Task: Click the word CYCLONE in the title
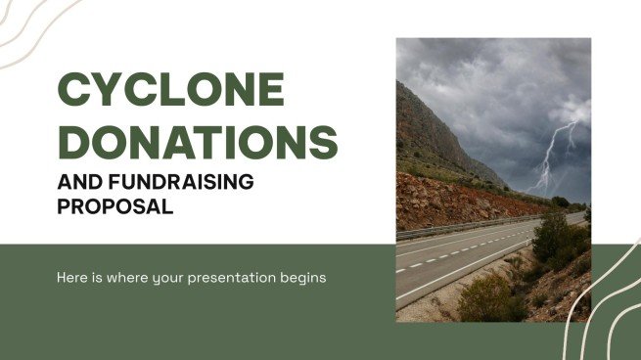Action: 171,91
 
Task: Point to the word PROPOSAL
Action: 115,206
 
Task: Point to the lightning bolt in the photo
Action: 552,157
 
